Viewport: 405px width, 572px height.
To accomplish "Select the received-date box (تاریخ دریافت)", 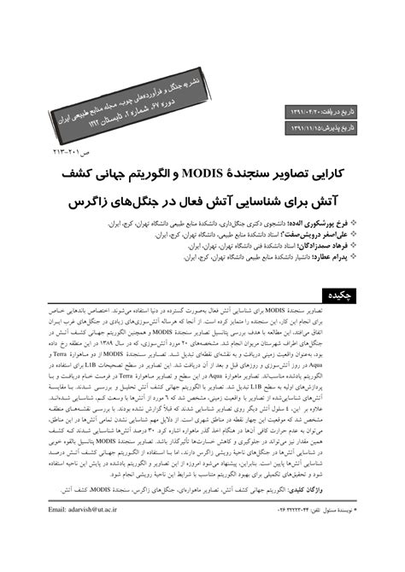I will [332, 110].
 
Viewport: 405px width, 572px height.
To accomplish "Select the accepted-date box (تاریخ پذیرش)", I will [332, 129].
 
